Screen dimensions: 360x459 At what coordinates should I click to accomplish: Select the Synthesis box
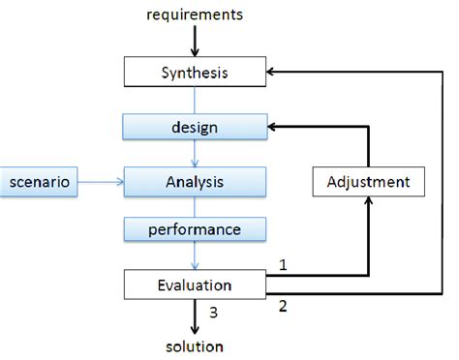[195, 72]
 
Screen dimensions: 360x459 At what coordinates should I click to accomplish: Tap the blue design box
[195, 126]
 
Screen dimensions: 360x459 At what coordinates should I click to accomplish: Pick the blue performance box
[195, 231]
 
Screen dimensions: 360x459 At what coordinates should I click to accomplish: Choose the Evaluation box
[195, 285]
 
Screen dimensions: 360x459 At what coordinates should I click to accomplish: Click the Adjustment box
[368, 181]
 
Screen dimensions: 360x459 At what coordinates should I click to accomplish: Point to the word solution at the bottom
[195, 345]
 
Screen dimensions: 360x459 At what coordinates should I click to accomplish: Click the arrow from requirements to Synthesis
[195, 41]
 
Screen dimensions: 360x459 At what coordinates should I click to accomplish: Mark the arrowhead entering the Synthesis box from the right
[272, 72]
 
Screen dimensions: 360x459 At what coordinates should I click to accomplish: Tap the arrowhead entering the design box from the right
[272, 126]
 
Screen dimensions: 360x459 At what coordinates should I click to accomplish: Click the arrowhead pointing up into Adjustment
[368, 201]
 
